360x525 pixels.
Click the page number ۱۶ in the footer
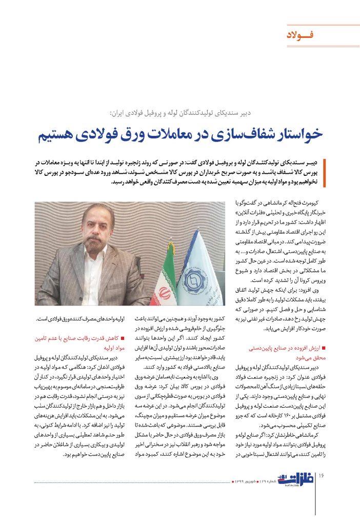coord(322,476)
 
